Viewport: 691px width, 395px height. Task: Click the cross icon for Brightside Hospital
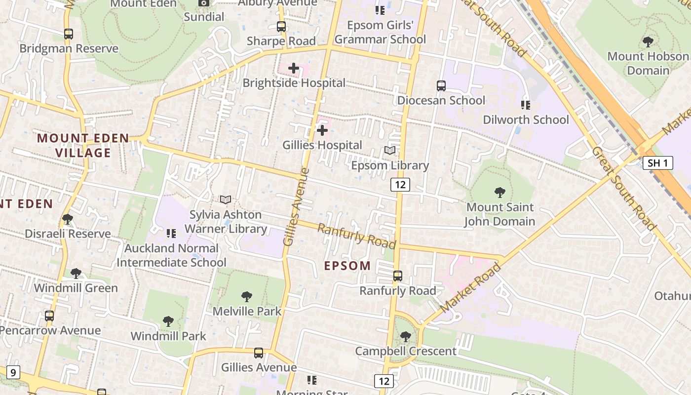tap(294, 68)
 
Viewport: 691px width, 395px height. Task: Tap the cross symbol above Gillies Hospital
tap(322, 130)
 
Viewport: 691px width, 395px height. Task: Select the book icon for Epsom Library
tap(390, 150)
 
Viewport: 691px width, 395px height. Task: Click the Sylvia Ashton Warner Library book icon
tap(226, 199)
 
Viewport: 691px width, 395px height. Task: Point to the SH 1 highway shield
tap(657, 162)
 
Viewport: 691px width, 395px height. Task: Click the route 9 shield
tap(13, 372)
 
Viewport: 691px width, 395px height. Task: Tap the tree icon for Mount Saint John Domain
tap(500, 192)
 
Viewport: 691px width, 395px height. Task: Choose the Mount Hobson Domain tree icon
tap(648, 41)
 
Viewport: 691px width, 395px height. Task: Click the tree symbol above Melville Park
tap(247, 296)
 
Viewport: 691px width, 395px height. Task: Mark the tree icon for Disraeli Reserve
tap(68, 219)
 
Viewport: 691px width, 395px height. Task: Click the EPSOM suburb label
tap(347, 266)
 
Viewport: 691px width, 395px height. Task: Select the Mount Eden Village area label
tap(83, 145)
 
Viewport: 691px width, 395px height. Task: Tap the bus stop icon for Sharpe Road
tap(281, 27)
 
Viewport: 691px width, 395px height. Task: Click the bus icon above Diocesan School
tap(441, 85)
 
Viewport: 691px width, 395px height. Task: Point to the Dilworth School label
tap(526, 119)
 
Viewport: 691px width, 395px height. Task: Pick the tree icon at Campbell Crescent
tap(406, 337)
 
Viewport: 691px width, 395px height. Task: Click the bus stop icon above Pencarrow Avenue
tap(49, 316)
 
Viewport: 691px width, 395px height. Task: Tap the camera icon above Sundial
tap(204, 3)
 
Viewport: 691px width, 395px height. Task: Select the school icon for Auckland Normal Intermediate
tap(171, 233)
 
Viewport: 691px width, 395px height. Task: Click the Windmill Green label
tap(76, 288)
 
